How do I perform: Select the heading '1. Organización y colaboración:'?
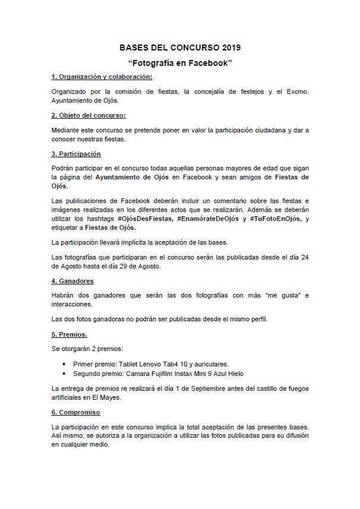coord(102,77)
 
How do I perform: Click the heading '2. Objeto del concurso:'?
coord(89,115)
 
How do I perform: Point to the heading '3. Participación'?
coord(77,153)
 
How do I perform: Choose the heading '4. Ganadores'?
coord(72,281)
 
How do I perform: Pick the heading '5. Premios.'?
coord(70,334)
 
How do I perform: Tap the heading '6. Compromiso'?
coord(75,412)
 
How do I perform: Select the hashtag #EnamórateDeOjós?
coord(209,219)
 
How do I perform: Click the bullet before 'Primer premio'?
coord(64,363)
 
